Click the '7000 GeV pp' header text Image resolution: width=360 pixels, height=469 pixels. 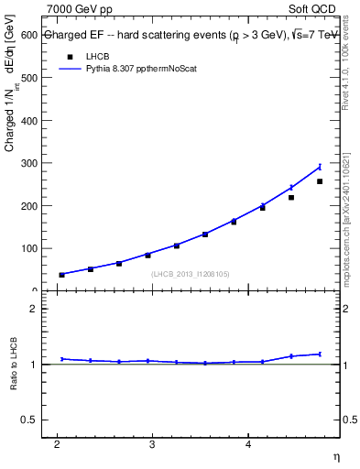tap(82, 10)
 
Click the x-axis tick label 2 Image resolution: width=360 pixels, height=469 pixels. tap(57, 444)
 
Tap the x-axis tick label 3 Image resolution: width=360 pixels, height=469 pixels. tap(152, 444)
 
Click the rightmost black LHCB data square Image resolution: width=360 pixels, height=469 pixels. tap(320, 181)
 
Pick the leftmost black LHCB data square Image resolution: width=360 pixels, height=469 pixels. tap(61, 275)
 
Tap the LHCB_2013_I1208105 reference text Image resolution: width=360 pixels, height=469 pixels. tap(189, 274)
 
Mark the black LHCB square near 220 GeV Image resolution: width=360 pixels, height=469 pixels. tap(291, 198)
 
